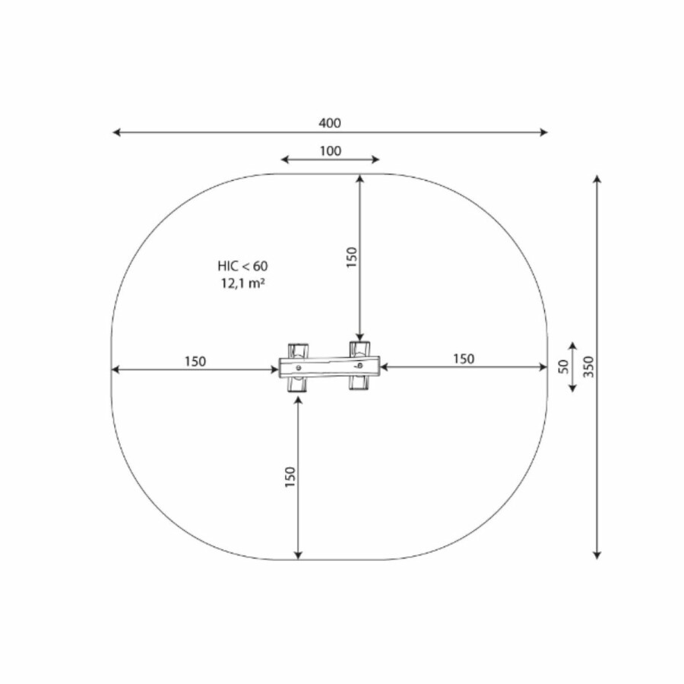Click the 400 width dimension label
point(329,123)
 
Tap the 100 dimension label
point(331,151)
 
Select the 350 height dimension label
point(588,367)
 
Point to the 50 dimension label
point(564,366)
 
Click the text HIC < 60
point(242,266)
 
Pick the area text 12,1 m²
point(242,283)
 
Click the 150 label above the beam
point(352,258)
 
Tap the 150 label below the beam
point(290,477)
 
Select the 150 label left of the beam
point(195,362)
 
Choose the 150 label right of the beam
point(464,359)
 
